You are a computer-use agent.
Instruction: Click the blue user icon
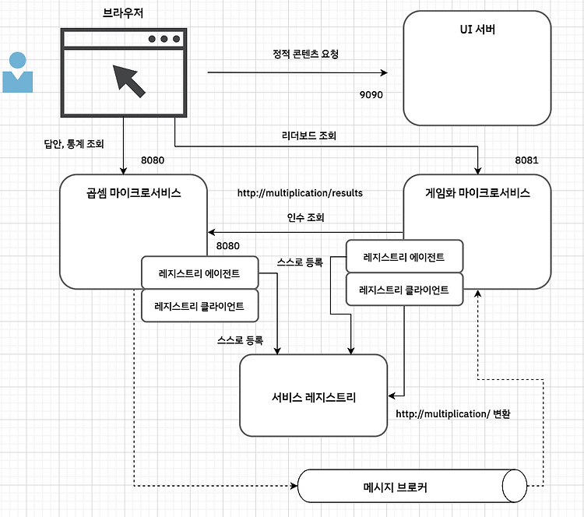click(17, 72)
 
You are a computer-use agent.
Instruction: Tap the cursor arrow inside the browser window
click(128, 81)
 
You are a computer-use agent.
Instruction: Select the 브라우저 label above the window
click(123, 13)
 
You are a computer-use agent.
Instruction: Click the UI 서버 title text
click(477, 30)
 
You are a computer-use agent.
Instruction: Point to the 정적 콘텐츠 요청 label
click(305, 54)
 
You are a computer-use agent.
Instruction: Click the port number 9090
click(371, 95)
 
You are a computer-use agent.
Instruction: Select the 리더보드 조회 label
click(309, 135)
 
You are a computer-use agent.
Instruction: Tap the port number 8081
click(526, 160)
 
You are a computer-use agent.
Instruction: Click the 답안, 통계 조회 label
click(74, 144)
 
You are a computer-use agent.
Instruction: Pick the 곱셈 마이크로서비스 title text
click(134, 193)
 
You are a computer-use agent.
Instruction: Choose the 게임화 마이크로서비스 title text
click(477, 193)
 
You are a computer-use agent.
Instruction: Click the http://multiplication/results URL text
click(300, 193)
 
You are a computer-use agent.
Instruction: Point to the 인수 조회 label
click(305, 217)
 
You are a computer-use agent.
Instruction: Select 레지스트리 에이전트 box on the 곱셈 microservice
click(199, 273)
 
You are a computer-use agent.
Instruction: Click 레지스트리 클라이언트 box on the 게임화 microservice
click(404, 290)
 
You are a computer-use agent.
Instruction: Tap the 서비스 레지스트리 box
click(314, 396)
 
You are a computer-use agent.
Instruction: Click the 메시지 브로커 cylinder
click(412, 486)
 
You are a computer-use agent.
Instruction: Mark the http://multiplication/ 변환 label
click(453, 413)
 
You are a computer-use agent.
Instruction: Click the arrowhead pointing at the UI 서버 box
click(384, 72)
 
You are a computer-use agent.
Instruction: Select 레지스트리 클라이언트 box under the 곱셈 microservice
click(199, 306)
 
